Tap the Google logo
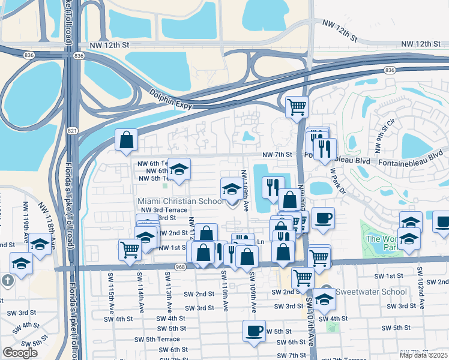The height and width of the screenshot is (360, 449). tap(20, 353)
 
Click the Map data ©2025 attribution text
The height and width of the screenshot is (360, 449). tap(424, 355)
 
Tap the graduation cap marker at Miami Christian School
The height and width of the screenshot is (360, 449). tap(232, 188)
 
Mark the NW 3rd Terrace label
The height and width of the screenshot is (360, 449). tap(161, 209)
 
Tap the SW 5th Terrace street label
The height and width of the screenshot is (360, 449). tap(153, 339)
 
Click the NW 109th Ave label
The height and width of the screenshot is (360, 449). tap(246, 189)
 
